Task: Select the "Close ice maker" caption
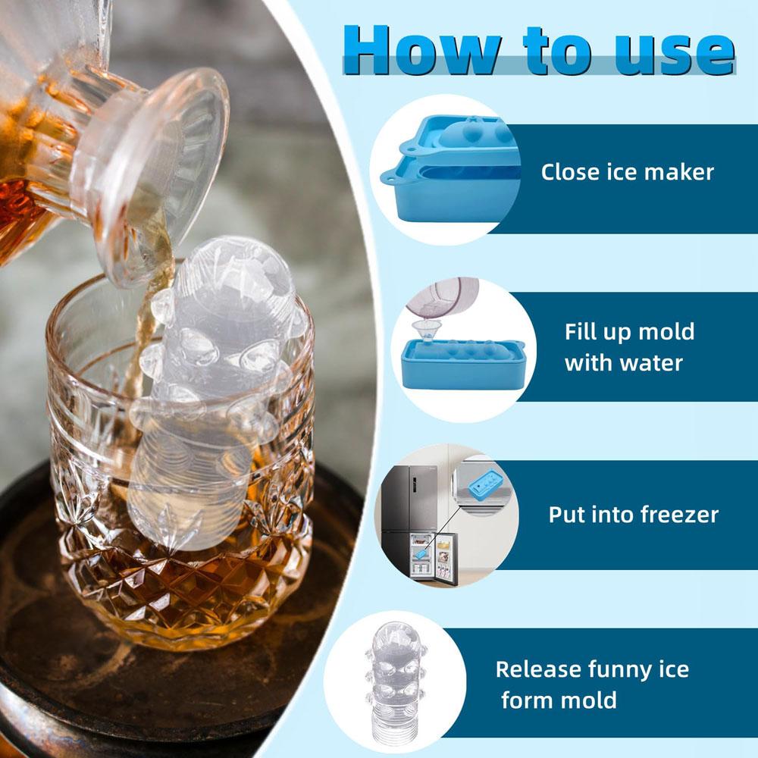[627, 172]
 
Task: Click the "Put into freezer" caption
[633, 515]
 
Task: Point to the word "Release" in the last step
[538, 670]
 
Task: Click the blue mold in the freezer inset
[482, 483]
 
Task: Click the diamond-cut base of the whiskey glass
[189, 584]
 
